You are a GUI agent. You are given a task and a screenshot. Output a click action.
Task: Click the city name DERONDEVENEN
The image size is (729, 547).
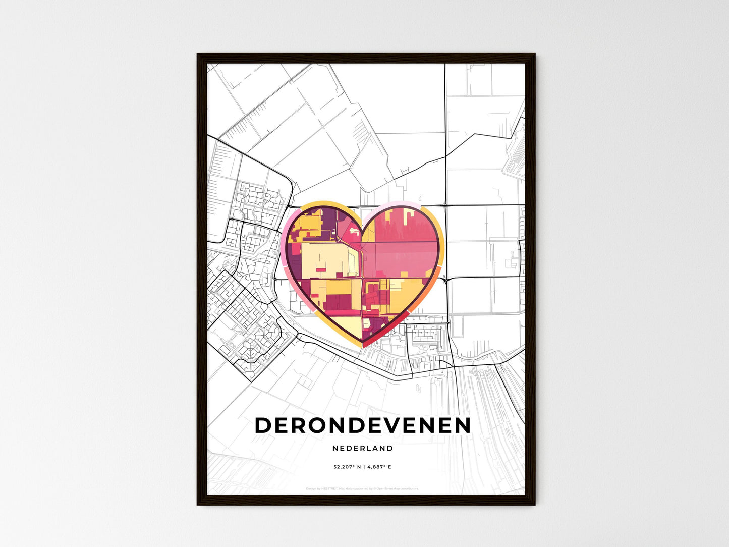[x=363, y=426]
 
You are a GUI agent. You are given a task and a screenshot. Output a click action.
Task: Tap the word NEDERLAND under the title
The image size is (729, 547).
[x=363, y=448]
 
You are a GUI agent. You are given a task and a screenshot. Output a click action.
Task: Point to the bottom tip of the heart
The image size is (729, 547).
[x=363, y=346]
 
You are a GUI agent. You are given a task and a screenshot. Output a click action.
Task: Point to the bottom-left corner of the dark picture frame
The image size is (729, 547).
[x=198, y=504]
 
